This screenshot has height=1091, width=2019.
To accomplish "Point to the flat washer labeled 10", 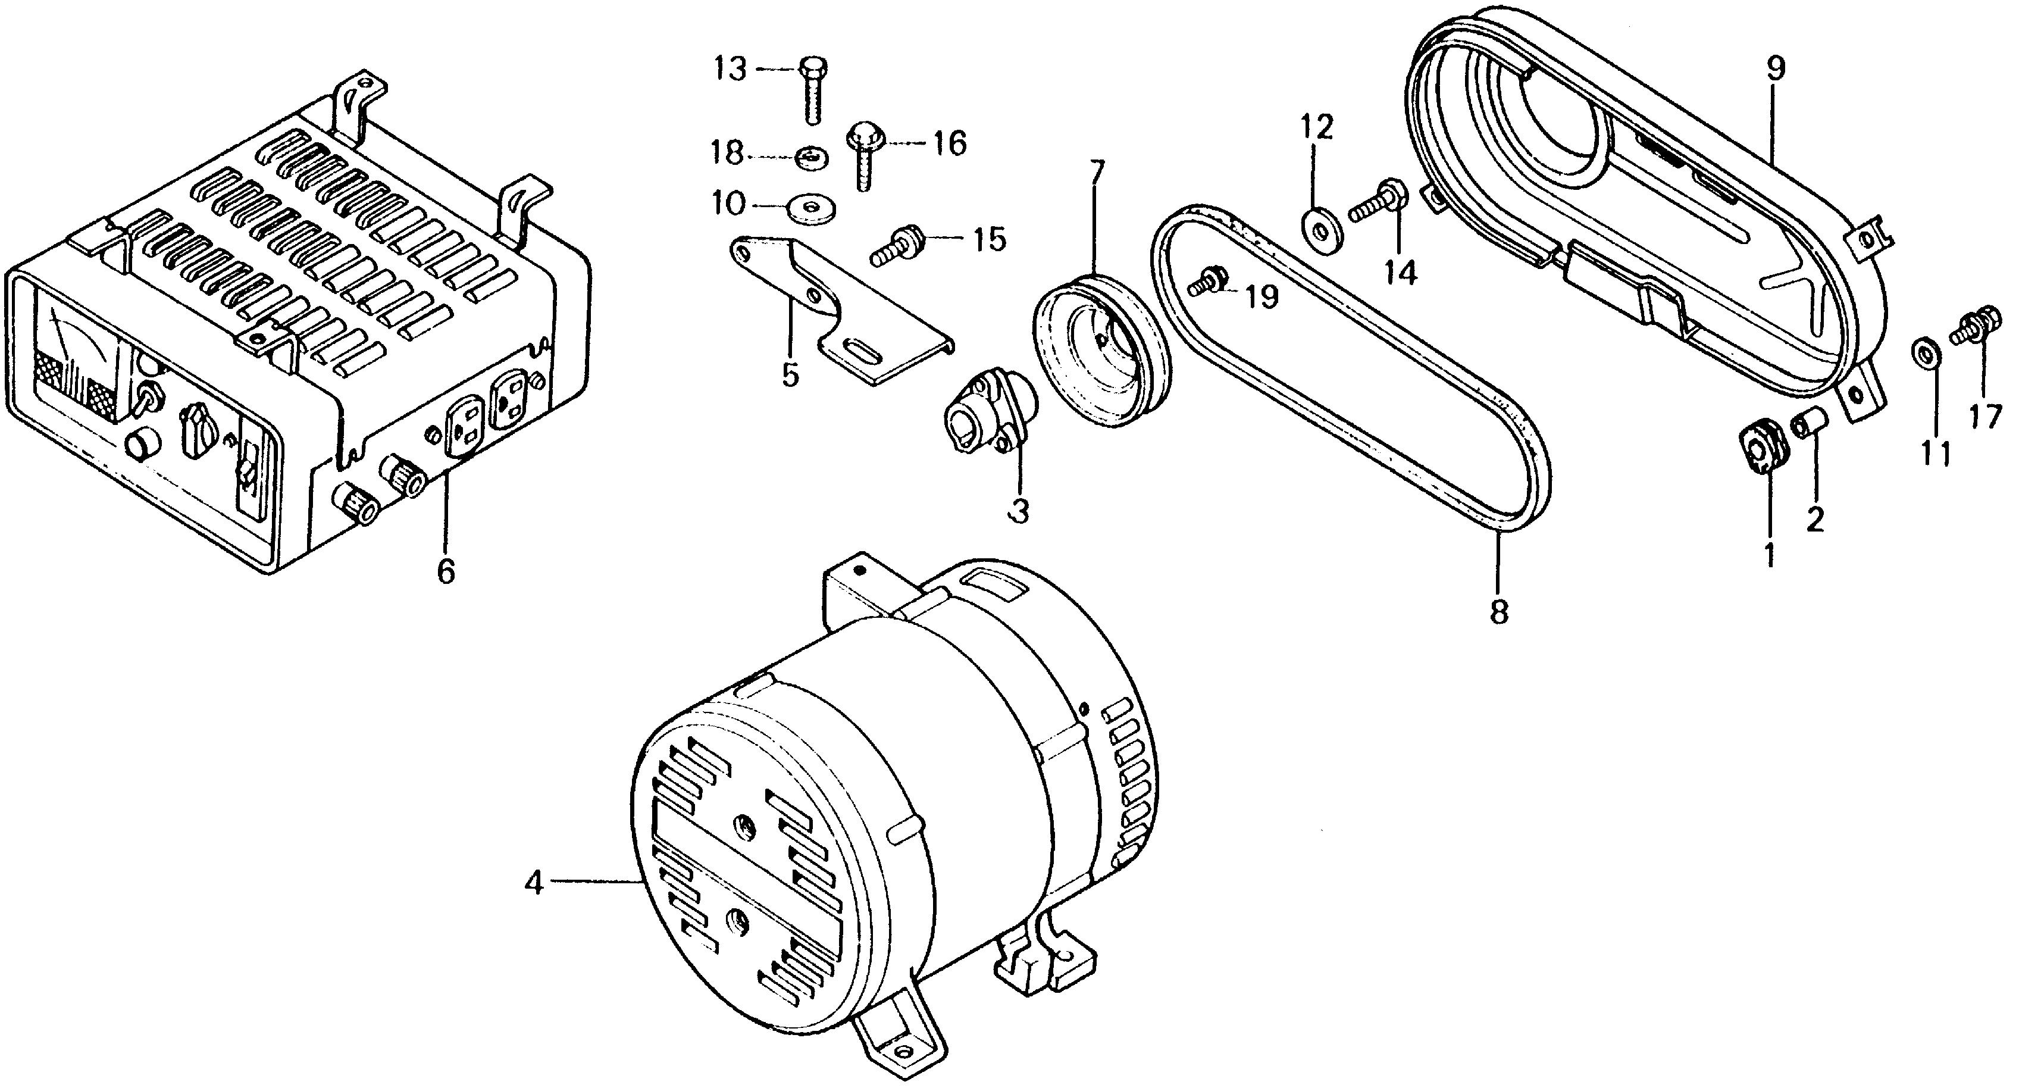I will point(811,207).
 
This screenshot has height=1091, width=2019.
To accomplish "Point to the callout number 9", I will point(1776,69).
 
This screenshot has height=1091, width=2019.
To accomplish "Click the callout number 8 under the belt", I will point(1498,612).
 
